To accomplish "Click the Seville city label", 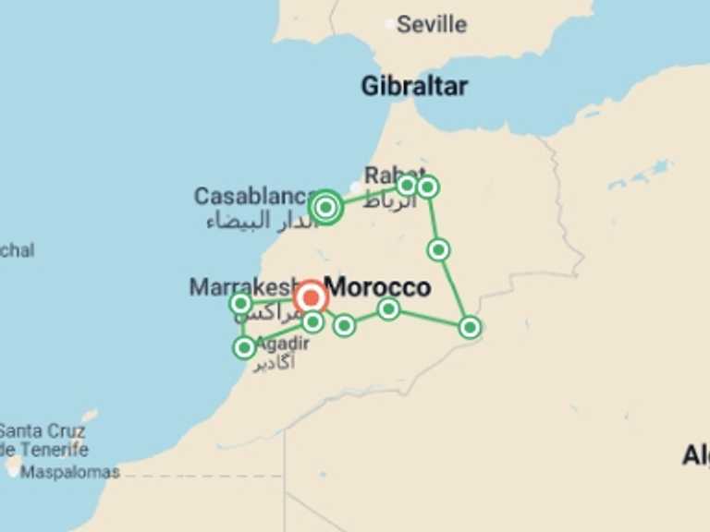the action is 431,24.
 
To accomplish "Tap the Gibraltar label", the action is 413,87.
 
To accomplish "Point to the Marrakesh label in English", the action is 242,286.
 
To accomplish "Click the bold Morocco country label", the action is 378,286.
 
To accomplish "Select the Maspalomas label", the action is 70,472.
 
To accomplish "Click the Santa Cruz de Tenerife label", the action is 43,441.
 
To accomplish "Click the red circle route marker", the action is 311,297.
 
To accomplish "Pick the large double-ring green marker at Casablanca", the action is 325,207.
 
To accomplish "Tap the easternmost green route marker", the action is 470,327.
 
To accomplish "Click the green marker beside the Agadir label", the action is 244,347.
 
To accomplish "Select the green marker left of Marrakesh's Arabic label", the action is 240,303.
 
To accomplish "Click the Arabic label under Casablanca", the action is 251,221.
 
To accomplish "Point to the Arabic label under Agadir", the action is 275,361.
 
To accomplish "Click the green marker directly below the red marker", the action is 312,321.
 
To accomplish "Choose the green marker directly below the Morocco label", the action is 388,308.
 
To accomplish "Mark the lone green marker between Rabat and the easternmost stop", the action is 438,249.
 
